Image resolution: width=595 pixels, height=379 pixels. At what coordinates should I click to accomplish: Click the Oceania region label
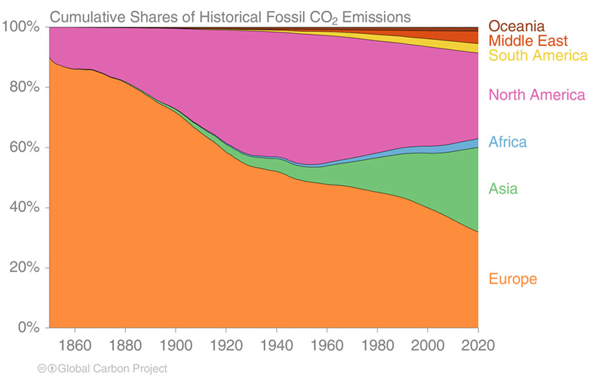[516, 26]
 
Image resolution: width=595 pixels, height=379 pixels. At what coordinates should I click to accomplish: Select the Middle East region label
[528, 41]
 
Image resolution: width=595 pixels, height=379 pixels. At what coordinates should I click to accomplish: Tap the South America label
[538, 56]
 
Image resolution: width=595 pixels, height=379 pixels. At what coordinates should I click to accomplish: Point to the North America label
[537, 95]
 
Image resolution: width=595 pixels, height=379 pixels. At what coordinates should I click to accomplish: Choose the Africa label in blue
[507, 142]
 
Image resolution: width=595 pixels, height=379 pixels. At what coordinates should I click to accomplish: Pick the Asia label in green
[503, 189]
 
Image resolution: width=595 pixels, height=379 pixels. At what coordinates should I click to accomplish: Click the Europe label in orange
[512, 279]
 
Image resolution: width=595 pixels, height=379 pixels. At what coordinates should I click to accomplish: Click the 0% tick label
[27, 328]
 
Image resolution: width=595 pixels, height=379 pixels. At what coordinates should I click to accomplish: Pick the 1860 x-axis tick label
[74, 345]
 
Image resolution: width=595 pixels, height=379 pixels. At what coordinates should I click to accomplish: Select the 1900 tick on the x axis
[175, 345]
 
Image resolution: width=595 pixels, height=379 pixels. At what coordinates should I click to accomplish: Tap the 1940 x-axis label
[277, 345]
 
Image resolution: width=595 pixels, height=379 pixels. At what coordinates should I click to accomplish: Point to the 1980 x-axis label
[378, 345]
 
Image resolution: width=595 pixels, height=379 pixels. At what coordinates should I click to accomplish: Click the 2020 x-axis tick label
[478, 345]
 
